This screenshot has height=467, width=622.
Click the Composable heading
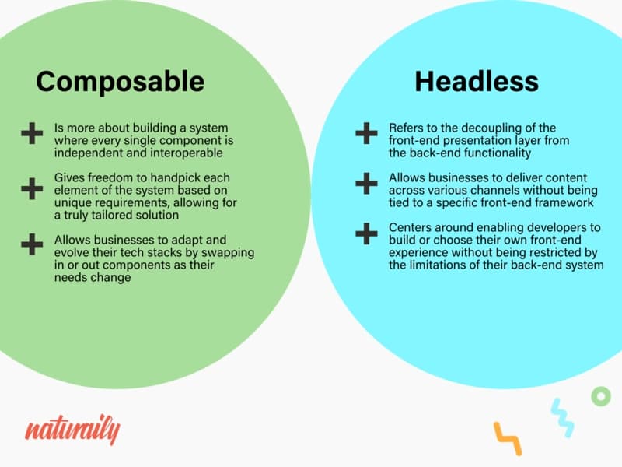tap(121, 83)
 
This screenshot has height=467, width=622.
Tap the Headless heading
tap(477, 82)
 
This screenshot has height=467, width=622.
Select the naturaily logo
tap(72, 430)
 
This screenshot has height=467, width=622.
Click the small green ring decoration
tap(601, 396)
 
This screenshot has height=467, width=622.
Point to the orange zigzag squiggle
tap(508, 438)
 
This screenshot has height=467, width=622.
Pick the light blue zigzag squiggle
tap(562, 418)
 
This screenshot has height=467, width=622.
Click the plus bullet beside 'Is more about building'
tap(32, 133)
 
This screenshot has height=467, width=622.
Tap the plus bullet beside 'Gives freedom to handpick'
tap(32, 188)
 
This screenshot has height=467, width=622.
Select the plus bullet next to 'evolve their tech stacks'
tap(32, 244)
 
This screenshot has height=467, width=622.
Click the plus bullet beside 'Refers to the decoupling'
tap(366, 133)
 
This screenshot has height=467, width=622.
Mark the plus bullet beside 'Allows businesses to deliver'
tap(366, 184)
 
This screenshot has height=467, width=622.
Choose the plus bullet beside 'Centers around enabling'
tap(366, 233)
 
